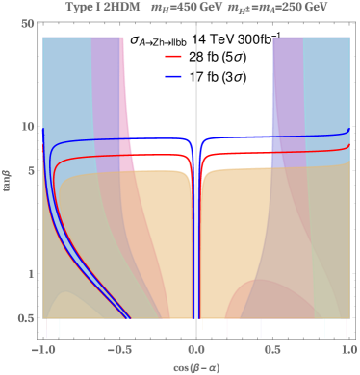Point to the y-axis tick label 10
pyautogui.click(x=27, y=127)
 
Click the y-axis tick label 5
pyautogui.click(x=30, y=172)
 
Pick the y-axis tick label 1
pyautogui.click(x=30, y=274)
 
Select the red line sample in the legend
pyautogui.click(x=173, y=57)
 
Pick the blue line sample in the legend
pyautogui.click(x=173, y=75)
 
